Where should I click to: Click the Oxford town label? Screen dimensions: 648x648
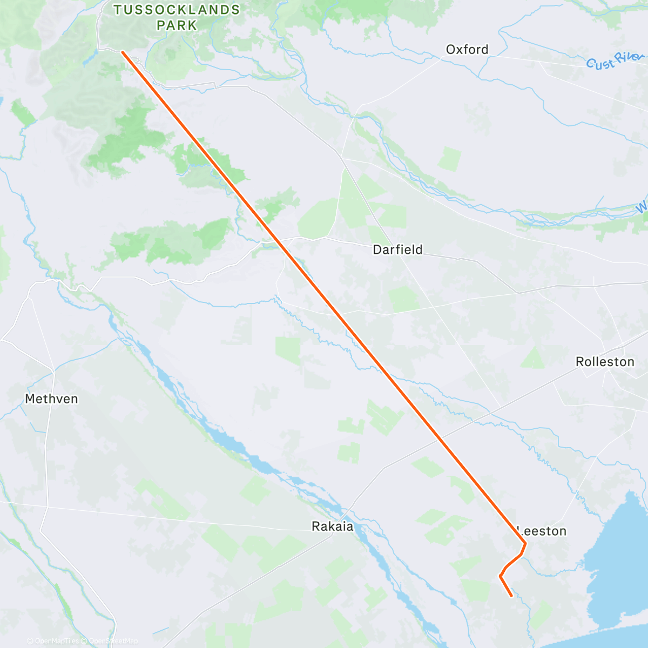tap(467, 50)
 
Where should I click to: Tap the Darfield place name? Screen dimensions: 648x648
tap(397, 249)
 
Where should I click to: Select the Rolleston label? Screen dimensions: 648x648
tap(605, 362)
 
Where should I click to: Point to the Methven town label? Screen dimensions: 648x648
tap(51, 399)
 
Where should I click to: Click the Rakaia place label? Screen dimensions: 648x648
tap(333, 526)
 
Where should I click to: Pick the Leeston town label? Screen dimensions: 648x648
tap(543, 531)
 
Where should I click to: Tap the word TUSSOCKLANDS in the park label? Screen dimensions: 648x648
tap(177, 10)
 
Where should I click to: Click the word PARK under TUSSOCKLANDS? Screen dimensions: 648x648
tap(177, 25)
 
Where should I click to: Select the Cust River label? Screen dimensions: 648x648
tap(616, 61)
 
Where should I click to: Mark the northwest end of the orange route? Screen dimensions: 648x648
tap(123, 52)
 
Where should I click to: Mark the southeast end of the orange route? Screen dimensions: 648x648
tap(511, 596)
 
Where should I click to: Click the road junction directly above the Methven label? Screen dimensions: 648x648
tap(53, 372)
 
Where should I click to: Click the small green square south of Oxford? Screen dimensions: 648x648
tap(449, 159)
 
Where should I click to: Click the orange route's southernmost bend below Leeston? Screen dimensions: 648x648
tap(500, 576)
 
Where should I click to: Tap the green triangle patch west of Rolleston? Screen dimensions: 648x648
tap(534, 358)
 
